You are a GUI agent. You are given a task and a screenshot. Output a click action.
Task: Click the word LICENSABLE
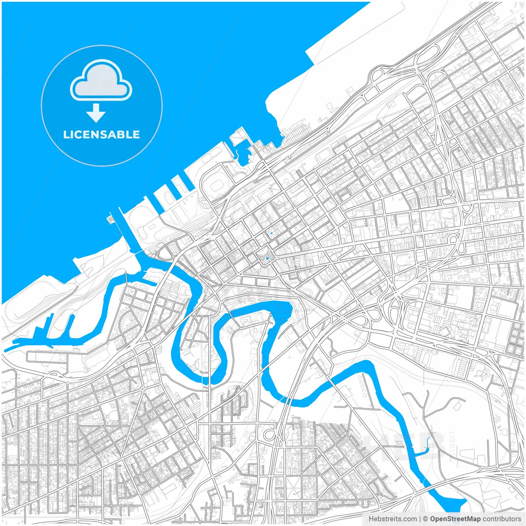[x=102, y=134]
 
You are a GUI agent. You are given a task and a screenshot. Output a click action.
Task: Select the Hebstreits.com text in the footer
[x=392, y=519]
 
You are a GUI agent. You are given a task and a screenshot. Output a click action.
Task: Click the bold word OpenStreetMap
[x=455, y=519]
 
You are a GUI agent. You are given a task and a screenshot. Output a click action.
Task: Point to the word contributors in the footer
[x=502, y=519]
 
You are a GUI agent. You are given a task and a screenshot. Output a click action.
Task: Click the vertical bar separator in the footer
[x=420, y=519]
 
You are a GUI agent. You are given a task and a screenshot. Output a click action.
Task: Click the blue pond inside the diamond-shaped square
[x=268, y=258]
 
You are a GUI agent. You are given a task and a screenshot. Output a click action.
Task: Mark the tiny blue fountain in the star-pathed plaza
[x=271, y=233]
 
